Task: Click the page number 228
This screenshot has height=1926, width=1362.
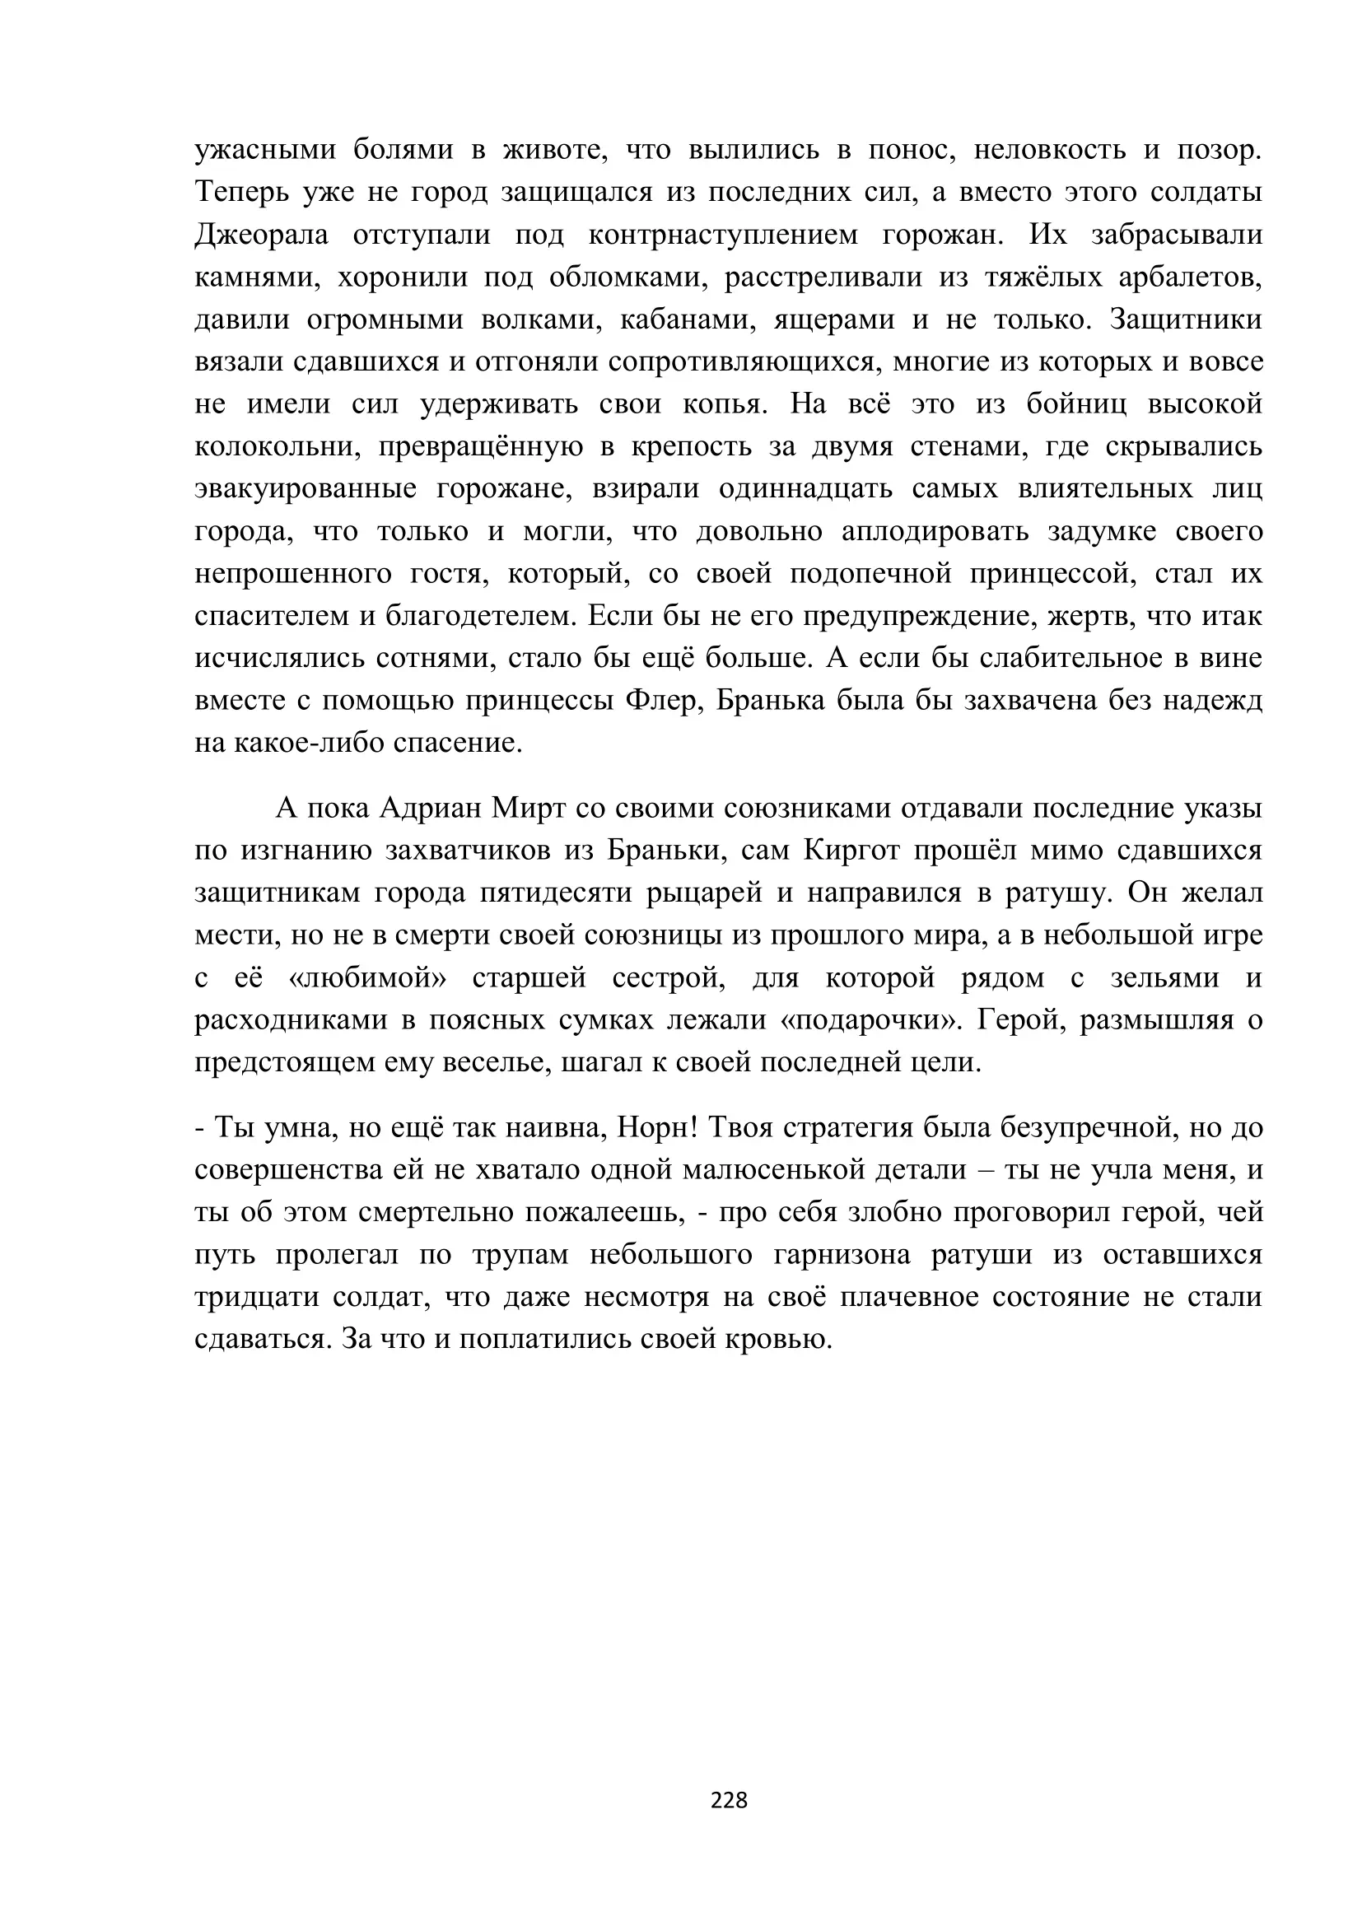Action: (x=728, y=1799)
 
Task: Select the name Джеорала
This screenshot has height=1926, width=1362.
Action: (x=262, y=235)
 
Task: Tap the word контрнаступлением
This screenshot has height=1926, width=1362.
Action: (x=723, y=235)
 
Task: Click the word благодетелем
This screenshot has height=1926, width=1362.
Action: (x=482, y=617)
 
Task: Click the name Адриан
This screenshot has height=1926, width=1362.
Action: (x=430, y=808)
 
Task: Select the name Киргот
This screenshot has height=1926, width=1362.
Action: (x=851, y=851)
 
